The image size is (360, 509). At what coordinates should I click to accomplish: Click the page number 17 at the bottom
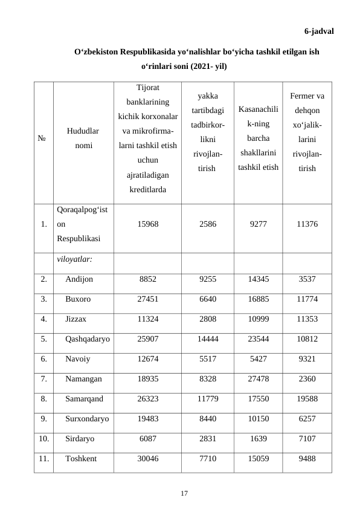point(184,494)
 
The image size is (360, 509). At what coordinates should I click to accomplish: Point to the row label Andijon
point(79,279)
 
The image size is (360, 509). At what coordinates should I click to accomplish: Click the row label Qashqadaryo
point(87,339)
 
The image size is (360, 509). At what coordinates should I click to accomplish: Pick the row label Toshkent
point(81,458)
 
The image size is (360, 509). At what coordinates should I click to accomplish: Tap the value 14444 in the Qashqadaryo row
point(206,339)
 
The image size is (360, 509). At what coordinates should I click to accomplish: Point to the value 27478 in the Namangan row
point(258,378)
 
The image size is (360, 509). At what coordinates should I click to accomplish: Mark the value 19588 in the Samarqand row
point(306,398)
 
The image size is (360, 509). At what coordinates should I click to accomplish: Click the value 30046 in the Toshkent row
point(148,458)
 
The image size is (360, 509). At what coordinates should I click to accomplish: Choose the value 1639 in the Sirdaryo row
point(258,438)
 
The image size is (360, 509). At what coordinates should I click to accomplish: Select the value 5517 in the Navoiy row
point(206,358)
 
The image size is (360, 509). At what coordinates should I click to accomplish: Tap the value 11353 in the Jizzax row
point(306,319)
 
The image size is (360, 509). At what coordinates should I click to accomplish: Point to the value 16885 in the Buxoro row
point(258,299)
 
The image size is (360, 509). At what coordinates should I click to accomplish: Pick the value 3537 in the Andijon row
point(306,279)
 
